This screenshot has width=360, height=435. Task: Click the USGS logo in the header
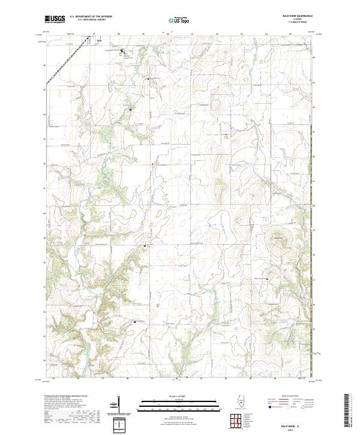tap(55, 19)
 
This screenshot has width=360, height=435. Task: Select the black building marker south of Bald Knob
tap(268, 279)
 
